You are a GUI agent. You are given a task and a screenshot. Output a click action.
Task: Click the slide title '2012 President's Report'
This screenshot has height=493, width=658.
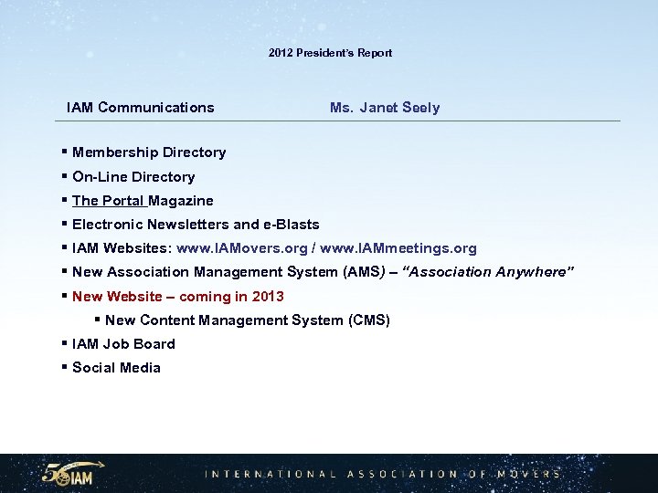(x=330, y=53)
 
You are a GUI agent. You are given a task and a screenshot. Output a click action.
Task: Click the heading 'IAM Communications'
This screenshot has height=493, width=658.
(x=141, y=108)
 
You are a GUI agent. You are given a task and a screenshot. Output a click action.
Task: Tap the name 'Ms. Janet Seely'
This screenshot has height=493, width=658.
(x=385, y=108)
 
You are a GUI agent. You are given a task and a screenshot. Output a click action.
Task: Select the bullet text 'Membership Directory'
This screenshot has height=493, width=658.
(x=149, y=152)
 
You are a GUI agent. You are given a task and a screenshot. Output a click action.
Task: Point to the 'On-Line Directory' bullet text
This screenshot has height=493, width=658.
(x=133, y=177)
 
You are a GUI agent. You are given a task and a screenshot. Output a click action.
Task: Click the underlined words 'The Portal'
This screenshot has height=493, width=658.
(x=109, y=201)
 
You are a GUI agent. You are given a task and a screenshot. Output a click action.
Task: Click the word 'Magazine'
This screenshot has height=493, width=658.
(x=181, y=201)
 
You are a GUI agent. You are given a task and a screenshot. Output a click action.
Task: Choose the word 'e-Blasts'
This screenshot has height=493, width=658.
(x=292, y=225)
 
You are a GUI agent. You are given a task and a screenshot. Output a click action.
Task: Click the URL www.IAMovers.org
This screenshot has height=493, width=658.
(x=242, y=248)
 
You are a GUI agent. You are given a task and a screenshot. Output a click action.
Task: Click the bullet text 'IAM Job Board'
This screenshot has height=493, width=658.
(x=123, y=344)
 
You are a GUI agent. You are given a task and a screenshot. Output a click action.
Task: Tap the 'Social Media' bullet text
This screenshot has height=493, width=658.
(x=116, y=368)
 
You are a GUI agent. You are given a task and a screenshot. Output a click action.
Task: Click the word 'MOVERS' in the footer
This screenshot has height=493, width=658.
(x=529, y=474)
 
